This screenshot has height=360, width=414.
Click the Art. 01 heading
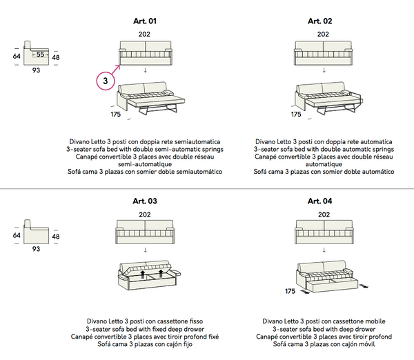pyautogui.click(x=144, y=21)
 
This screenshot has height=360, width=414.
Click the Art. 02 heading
pyautogui.click(x=322, y=21)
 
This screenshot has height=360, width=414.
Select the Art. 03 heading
pyautogui.click(x=144, y=201)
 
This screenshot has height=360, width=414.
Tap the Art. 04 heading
pyautogui.click(x=322, y=201)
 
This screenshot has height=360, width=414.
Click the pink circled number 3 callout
pyautogui.click(x=105, y=81)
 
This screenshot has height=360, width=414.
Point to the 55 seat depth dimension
pyautogui.click(x=40, y=54)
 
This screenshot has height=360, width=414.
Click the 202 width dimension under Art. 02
pyautogui.click(x=322, y=34)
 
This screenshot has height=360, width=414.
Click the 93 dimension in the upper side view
pyautogui.click(x=36, y=70)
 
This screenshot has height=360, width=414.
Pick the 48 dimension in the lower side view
pyautogui.click(x=56, y=237)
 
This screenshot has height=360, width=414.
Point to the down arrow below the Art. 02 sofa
pyautogui.click(x=322, y=70)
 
